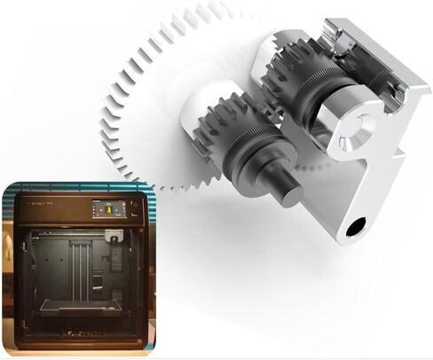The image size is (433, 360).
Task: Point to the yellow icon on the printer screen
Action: (105, 209)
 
